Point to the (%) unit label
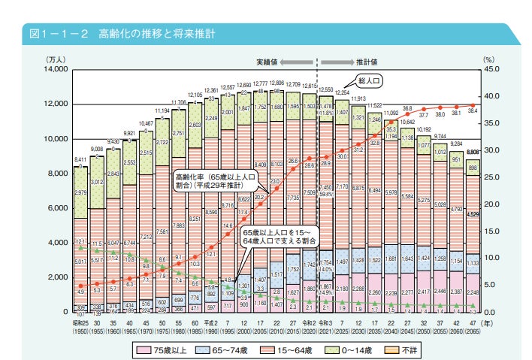point(489,58)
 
